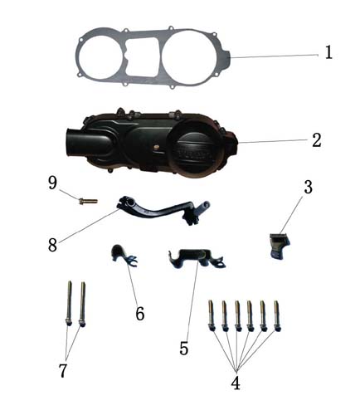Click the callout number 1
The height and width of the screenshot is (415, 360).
tap(328, 52)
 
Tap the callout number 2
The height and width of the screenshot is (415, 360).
tap(317, 140)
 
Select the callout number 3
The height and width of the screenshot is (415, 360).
tap(308, 187)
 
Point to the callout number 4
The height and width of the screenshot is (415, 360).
tap(236, 383)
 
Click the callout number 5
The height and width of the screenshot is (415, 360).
tap(184, 348)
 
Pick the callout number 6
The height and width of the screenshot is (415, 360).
tap(140, 314)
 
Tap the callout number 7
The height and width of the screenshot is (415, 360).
tap(63, 370)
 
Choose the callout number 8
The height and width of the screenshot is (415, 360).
tap(52, 245)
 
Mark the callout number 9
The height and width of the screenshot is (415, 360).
tap(52, 183)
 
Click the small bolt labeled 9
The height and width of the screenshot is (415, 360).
tap(88, 201)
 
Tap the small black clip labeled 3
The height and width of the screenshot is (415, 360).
tap(280, 246)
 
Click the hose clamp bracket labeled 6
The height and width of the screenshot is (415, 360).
tap(123, 256)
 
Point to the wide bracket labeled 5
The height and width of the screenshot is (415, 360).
tap(197, 258)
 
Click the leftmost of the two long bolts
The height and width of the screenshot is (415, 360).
tap(69, 303)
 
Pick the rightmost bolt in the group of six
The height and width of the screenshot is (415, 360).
tap(277, 316)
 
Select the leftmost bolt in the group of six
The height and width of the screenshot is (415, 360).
tap(212, 315)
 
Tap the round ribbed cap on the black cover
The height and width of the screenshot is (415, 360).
tap(196, 149)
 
